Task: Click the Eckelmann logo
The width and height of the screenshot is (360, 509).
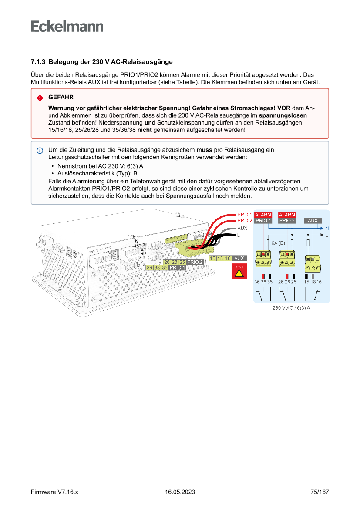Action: coord(67,27)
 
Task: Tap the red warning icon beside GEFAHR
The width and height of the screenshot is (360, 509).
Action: coord(40,98)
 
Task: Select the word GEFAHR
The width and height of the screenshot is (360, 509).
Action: coord(61,98)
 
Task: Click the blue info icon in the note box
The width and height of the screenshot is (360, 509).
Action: coord(40,150)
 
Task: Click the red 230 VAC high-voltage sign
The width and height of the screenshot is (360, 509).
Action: coord(239,271)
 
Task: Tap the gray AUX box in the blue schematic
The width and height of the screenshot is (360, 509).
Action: coord(313,221)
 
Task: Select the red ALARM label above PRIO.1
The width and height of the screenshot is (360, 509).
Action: coord(263,215)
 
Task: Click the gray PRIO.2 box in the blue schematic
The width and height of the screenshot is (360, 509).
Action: coord(287,221)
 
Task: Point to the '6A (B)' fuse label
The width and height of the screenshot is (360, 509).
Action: coord(278,243)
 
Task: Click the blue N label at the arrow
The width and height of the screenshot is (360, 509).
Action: coord(327,228)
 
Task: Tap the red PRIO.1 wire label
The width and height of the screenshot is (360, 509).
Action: coord(245,215)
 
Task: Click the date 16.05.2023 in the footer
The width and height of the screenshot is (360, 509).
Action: coord(180,492)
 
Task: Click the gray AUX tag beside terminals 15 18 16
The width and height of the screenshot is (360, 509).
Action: coord(239,258)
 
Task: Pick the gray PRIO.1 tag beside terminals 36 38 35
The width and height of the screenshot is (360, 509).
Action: coord(178,267)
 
